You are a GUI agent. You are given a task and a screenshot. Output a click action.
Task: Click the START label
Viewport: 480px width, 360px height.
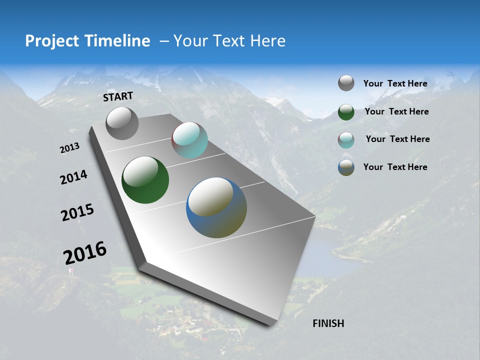coord(118,96)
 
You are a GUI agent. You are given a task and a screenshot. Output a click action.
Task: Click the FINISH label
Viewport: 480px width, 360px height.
coord(328,323)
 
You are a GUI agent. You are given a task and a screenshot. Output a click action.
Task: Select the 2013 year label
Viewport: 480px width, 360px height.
coord(69,148)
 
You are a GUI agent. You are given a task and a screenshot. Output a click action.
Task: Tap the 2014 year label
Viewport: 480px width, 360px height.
coord(73,177)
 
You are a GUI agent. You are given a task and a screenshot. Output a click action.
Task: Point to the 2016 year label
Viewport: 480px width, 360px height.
coord(85,253)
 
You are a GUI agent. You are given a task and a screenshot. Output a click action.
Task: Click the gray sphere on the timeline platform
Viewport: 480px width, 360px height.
coord(122,123)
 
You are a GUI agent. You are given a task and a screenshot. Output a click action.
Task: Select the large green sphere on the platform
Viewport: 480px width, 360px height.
coord(145,180)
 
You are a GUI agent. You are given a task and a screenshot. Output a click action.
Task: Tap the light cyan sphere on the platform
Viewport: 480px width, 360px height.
coord(189,140)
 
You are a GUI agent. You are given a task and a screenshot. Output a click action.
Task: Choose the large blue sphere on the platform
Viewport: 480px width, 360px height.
coord(216,207)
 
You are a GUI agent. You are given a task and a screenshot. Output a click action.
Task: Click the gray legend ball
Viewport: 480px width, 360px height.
coord(346,83)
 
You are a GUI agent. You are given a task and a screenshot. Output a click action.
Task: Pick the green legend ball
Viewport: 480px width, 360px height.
coord(346,112)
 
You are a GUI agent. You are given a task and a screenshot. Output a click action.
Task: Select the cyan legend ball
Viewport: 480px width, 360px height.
coord(346,140)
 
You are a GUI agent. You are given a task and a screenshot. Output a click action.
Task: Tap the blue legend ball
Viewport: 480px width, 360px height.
coord(346,167)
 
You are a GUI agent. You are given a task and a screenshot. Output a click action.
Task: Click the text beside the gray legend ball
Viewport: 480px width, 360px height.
coord(395,84)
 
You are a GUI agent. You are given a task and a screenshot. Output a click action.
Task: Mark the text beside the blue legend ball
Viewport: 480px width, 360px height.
coord(395,167)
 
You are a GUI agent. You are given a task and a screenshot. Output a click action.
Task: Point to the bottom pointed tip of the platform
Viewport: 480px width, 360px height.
coord(270,325)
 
